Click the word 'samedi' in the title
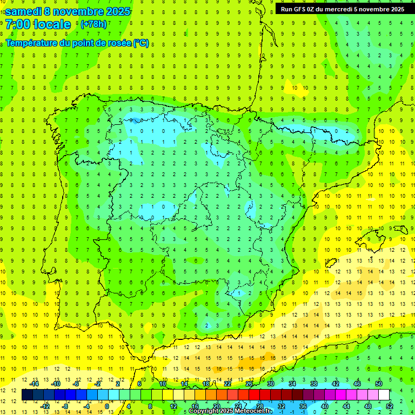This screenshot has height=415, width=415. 23,11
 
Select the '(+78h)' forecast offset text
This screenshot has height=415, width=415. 93,24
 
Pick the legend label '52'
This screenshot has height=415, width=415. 390,406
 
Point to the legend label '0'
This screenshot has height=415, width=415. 107,406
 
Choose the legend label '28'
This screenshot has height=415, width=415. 260,406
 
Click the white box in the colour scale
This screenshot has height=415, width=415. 384,395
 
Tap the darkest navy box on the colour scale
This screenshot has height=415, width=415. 27,395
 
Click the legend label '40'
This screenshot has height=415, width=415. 325,406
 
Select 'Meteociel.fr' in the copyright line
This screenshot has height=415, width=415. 252,411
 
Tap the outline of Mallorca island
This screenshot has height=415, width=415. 377,237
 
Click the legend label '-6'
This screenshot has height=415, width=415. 76,384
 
